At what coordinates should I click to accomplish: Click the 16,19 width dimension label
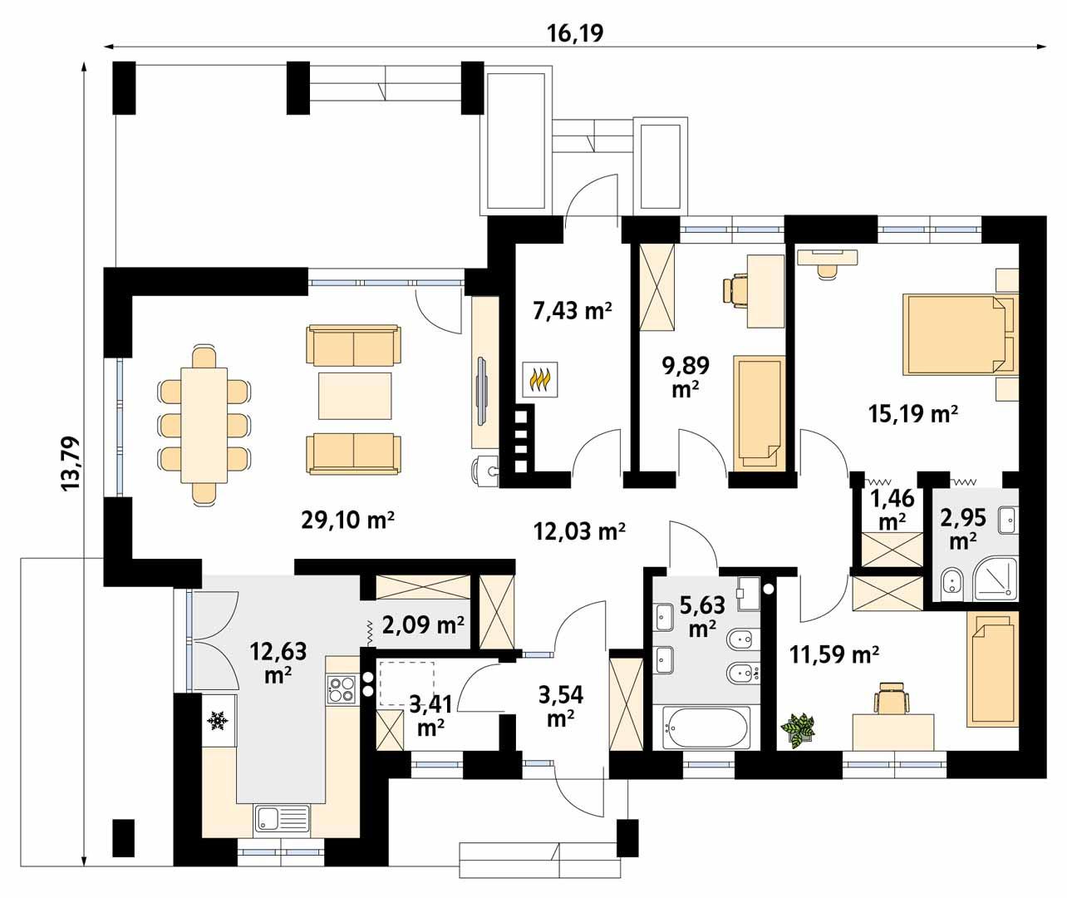(x=575, y=34)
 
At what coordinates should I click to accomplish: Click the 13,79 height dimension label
(x=71, y=464)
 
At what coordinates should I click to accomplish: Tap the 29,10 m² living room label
(x=347, y=521)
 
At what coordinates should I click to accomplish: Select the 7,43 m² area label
(x=573, y=310)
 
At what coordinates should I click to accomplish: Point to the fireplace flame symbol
(x=539, y=379)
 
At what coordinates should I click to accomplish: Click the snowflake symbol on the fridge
(x=219, y=721)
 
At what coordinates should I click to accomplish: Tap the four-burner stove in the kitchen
(x=342, y=688)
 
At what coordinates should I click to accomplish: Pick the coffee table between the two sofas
(x=355, y=396)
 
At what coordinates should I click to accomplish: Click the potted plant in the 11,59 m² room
(x=798, y=731)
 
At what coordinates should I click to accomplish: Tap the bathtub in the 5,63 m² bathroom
(x=706, y=728)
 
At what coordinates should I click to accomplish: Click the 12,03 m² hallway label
(x=579, y=531)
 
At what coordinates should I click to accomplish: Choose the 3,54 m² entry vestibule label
(x=561, y=706)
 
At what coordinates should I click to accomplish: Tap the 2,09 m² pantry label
(x=423, y=624)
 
